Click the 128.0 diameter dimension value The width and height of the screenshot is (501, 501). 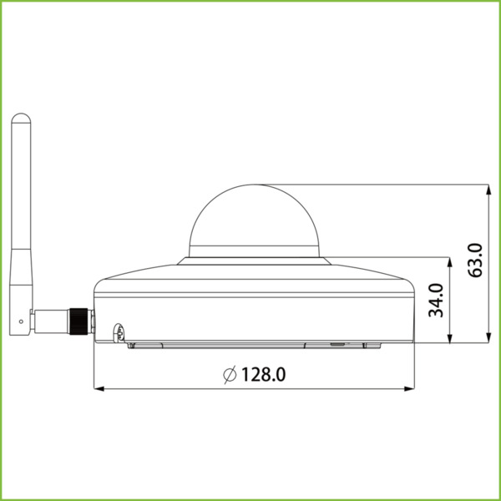coord(265,374)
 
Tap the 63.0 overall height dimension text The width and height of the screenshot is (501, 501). coord(474,261)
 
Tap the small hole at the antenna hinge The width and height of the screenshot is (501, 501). coord(21,320)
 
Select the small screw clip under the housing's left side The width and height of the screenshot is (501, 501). coord(119,332)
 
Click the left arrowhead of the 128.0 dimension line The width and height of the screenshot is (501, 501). coord(97,388)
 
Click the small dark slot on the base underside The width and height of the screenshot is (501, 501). coord(337,342)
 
